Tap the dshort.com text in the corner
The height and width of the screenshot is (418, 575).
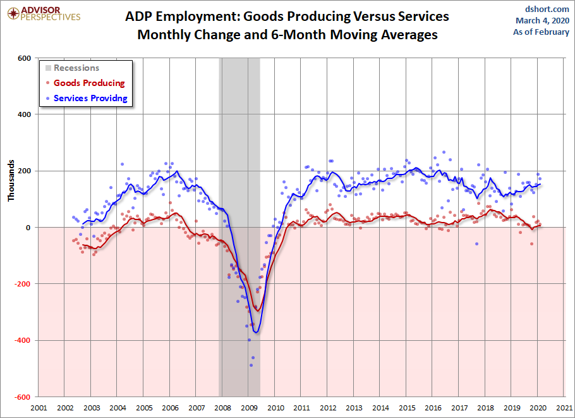pos(547,9)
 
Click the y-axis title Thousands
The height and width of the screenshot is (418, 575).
pos(11,180)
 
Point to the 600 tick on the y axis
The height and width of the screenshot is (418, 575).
pos(24,58)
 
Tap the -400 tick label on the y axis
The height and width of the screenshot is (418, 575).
pos(22,340)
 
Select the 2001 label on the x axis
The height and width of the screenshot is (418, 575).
pos(39,408)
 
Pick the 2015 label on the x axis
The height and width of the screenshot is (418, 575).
pos(406,408)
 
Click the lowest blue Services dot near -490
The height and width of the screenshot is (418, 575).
pos(251,365)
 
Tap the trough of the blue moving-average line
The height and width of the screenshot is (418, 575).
pos(255,333)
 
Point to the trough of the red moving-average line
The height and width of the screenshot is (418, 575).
pos(258,310)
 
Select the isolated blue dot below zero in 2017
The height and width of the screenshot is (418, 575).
pos(476,244)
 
